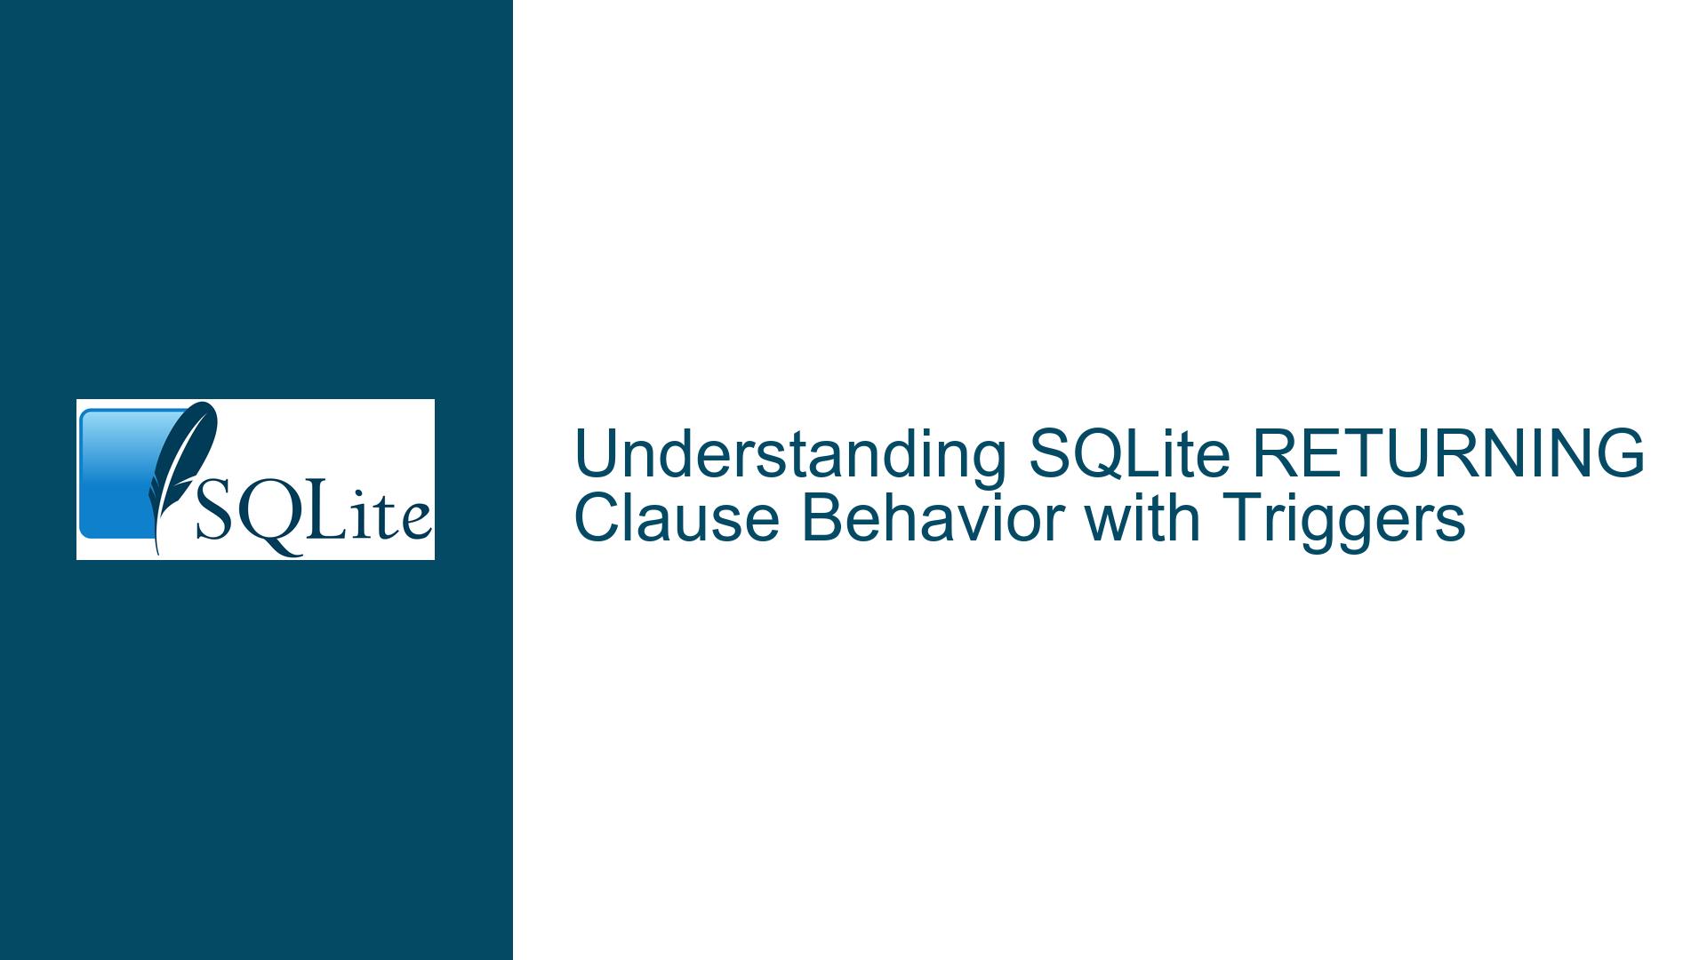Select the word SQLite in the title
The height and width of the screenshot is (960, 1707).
point(1128,454)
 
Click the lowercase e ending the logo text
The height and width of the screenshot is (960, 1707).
point(417,523)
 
